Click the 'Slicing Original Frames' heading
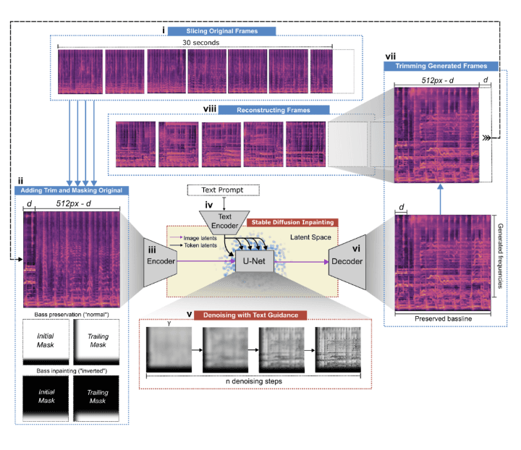(x=215, y=31)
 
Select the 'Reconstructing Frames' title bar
(x=274, y=110)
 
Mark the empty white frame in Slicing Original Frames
(x=344, y=71)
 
